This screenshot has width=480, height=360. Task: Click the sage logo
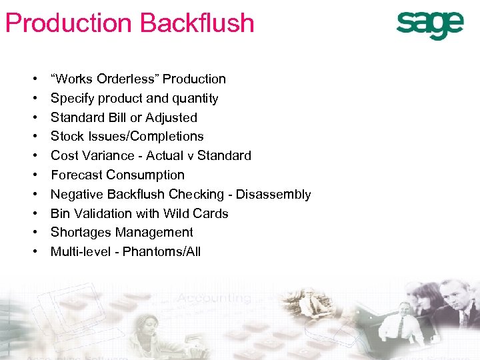pyautogui.click(x=429, y=26)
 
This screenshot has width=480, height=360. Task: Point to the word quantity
pyautogui.click(x=195, y=99)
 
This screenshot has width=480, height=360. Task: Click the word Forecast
pyautogui.click(x=77, y=175)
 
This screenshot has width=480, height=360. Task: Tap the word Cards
pyautogui.click(x=211, y=213)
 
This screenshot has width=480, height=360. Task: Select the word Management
pyautogui.click(x=155, y=232)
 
